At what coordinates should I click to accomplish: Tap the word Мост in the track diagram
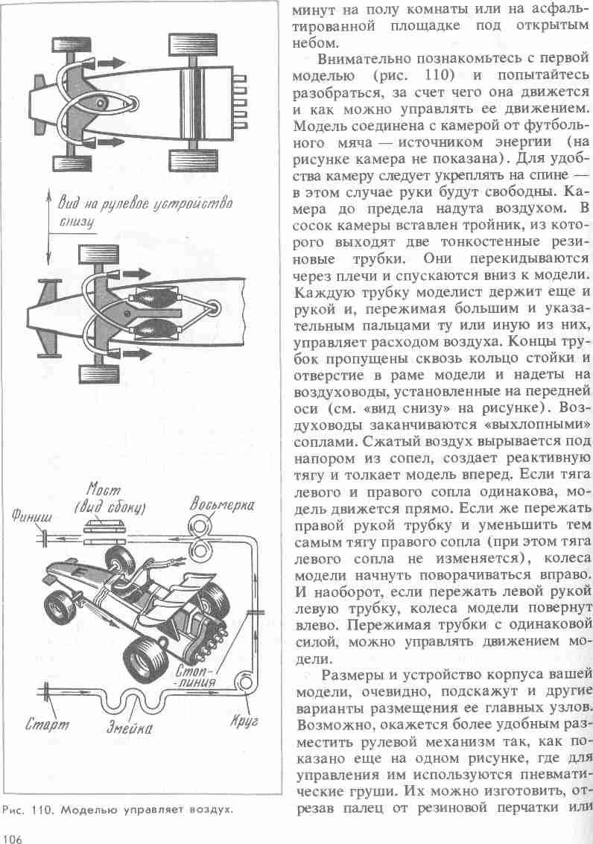[x=104, y=491]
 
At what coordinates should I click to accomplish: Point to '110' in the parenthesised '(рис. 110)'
[x=435, y=76]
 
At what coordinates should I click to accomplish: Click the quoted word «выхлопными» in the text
[x=544, y=425]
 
